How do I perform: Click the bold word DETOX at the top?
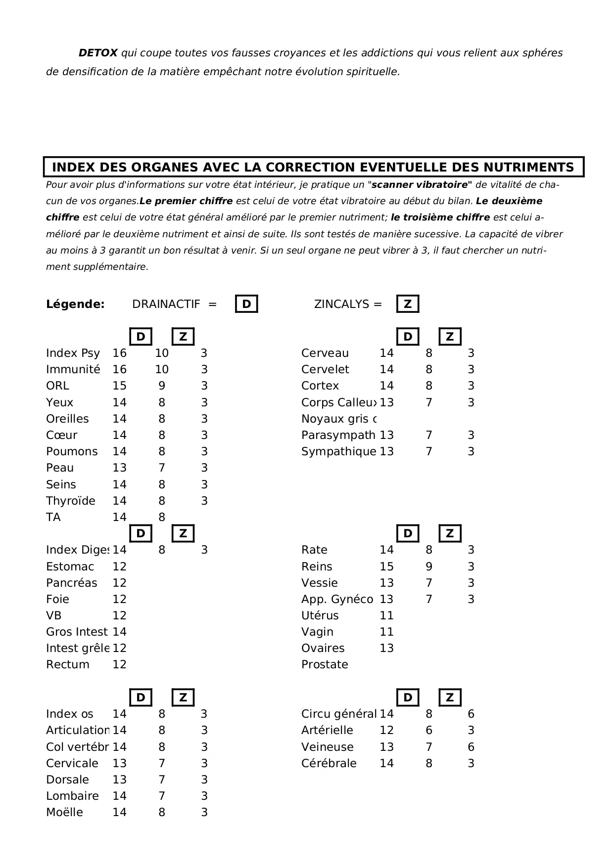98,53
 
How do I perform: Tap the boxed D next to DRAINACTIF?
246,304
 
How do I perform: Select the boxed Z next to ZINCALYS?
408,304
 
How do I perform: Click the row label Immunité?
73,369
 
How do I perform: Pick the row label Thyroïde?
70,501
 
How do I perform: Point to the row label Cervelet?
325,369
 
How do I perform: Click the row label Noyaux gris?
338,419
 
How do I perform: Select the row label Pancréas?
71,583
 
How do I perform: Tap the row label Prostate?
325,664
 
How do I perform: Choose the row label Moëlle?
64,812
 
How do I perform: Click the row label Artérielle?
327,730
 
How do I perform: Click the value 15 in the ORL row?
119,386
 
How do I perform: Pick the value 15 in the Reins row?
386,566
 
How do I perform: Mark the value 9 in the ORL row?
162,386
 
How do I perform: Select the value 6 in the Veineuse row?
471,747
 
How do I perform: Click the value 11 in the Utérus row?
386,615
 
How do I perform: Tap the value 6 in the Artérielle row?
429,730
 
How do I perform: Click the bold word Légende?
75,304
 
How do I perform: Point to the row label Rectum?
68,664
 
